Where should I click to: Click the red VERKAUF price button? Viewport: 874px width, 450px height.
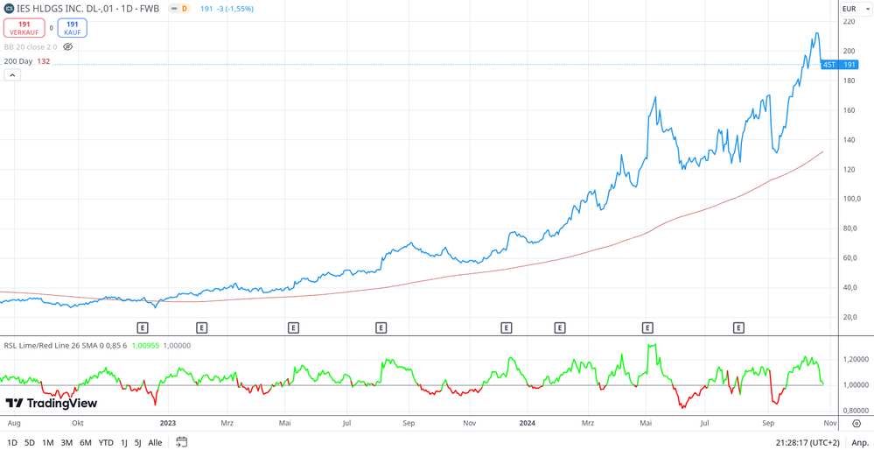(x=24, y=29)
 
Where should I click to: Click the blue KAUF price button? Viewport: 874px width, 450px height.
(x=72, y=29)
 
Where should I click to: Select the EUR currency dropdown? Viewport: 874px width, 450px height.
(x=856, y=9)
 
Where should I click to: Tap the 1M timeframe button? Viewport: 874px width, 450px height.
(x=47, y=442)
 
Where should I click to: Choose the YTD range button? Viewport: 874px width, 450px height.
(x=105, y=442)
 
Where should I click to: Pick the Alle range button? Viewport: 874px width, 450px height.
(x=155, y=442)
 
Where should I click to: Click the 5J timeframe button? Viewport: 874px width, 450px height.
(x=137, y=442)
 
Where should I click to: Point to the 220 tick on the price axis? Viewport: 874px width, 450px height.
(x=849, y=21)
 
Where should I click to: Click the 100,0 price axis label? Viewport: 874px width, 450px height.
(x=851, y=199)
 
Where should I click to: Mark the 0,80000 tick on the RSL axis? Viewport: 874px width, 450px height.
(x=855, y=411)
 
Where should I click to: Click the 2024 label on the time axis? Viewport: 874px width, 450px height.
(x=527, y=423)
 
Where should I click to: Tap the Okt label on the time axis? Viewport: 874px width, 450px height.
(x=78, y=423)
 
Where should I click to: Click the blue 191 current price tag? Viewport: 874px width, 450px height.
(x=849, y=65)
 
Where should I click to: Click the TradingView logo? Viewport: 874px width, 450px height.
(x=52, y=403)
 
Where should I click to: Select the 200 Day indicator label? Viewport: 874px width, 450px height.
(x=18, y=61)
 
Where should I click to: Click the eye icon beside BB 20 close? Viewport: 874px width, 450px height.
(x=68, y=47)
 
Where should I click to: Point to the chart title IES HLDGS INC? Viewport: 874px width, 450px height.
(x=87, y=9)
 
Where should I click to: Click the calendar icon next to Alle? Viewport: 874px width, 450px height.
(x=181, y=442)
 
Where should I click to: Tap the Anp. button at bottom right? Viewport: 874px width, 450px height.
(x=860, y=442)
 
